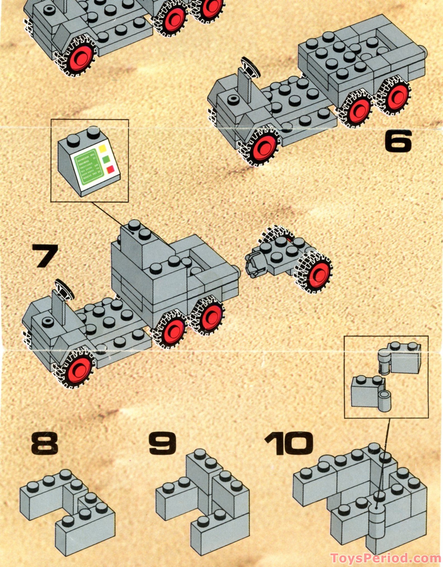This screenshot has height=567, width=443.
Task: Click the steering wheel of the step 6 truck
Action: [250, 66]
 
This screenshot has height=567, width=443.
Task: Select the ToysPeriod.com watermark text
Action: [386, 558]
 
